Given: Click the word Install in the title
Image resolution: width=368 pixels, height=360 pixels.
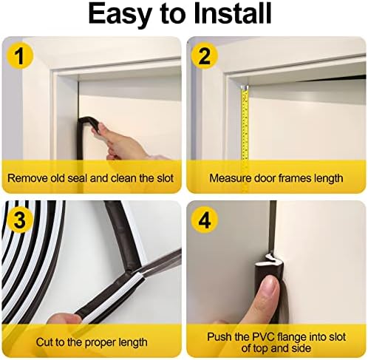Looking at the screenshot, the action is tap(232, 13).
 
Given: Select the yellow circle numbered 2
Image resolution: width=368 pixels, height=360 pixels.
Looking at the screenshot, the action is tap(204, 56).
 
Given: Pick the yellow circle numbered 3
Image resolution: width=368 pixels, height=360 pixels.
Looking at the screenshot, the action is tap(20, 220).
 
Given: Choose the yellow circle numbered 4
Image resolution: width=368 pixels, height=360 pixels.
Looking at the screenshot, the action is tap(204, 220).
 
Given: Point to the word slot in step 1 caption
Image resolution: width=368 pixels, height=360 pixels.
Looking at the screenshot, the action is tap(165, 178).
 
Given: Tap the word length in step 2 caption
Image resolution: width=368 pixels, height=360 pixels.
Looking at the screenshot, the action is tap(329, 179).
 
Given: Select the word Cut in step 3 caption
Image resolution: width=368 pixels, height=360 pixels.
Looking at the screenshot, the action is tap(44, 342).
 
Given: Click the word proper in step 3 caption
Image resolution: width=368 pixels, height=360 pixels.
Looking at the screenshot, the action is tap(100, 343).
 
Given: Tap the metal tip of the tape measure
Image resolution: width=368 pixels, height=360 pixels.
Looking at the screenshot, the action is tap(245, 88).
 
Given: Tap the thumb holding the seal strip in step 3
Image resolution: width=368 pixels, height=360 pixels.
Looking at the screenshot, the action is tap(63, 319).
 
